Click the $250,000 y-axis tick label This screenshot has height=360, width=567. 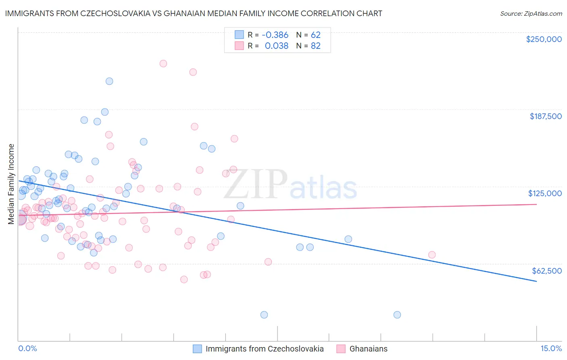(544, 39)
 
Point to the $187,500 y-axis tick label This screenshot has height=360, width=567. (545, 116)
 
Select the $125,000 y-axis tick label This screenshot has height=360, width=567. (545, 193)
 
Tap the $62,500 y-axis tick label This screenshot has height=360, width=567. (547, 270)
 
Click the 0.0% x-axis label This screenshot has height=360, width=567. (27, 348)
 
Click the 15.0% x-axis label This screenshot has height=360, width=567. (551, 348)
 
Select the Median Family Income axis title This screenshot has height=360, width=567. (11, 184)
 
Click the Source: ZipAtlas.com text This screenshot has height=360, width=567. (531, 13)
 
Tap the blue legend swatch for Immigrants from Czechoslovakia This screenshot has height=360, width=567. (197, 349)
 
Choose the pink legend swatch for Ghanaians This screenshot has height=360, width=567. (341, 349)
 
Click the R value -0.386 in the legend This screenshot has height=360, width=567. (275, 35)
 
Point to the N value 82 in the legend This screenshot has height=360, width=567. (315, 46)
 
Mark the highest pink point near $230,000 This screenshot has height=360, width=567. (163, 63)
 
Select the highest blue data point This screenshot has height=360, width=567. (109, 81)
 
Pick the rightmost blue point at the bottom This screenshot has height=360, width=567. (397, 315)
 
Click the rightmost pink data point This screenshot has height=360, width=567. (432, 255)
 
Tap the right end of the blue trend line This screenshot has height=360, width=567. (536, 281)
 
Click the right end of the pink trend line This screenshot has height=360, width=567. (536, 204)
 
